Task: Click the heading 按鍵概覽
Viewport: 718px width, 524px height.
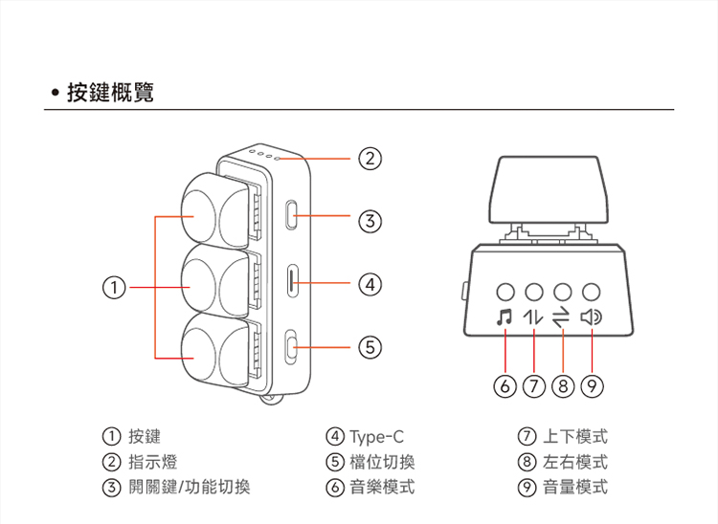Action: point(109,94)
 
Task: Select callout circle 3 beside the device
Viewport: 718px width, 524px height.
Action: point(370,222)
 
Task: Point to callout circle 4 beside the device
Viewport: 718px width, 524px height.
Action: point(370,284)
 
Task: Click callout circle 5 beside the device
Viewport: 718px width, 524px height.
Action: point(370,346)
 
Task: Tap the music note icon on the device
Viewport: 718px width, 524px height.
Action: point(505,317)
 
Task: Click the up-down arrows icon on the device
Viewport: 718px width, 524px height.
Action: point(533,317)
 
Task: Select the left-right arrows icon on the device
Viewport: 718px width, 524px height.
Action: point(562,317)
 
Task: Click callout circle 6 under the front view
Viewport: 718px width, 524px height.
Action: point(505,386)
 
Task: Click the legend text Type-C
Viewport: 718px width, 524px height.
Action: point(377,437)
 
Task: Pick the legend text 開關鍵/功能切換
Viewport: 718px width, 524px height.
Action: point(189,487)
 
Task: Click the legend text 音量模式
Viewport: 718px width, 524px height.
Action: point(574,487)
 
